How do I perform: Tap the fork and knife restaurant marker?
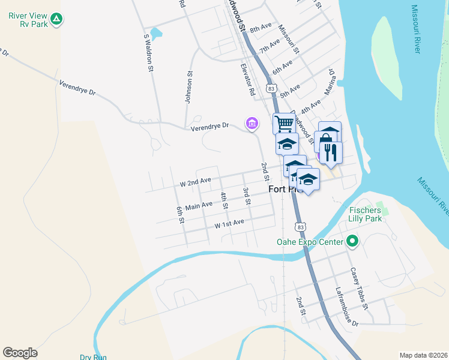click(x=331, y=152)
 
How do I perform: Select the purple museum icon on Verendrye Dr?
click(x=252, y=124)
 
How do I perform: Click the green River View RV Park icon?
click(x=56, y=19)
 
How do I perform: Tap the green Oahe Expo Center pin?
click(x=352, y=242)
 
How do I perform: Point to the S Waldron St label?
click(x=148, y=53)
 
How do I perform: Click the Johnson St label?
click(x=188, y=88)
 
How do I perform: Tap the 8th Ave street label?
click(x=261, y=28)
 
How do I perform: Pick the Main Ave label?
click(x=199, y=206)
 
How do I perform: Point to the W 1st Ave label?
click(x=229, y=224)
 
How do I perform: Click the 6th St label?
click(x=180, y=215)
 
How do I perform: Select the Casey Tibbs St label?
click(x=359, y=288)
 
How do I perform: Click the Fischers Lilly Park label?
click(x=365, y=214)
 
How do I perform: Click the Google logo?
click(x=20, y=353)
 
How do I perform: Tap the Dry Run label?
click(x=92, y=357)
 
